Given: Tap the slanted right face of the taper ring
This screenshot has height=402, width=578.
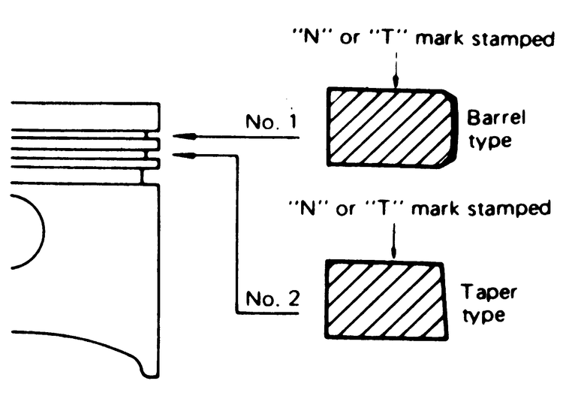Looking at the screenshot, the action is tap(447, 299).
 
